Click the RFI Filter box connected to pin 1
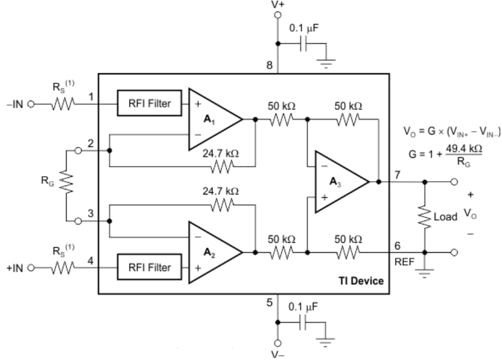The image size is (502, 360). tap(149, 103)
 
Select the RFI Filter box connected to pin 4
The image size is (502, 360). tap(149, 267)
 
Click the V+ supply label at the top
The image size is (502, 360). tap(277, 4)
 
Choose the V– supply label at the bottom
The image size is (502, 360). tap(277, 354)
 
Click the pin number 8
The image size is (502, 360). tap(269, 66)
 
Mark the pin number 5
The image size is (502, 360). tap(270, 303)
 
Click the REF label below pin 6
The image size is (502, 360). tap(404, 262)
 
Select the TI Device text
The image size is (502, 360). tap(361, 281)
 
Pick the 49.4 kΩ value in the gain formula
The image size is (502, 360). tap(463, 150)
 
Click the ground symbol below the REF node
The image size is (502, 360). tap(425, 274)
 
